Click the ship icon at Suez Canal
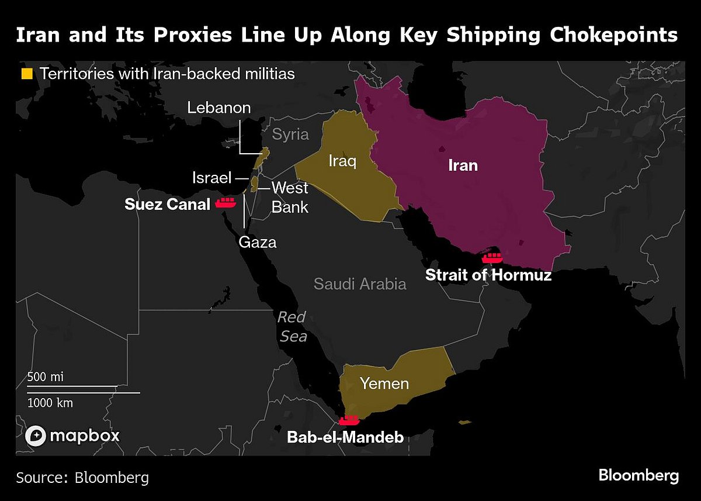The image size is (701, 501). pos(225,203)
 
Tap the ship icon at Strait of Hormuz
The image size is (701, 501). pos(492,257)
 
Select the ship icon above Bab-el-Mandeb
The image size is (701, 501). pos(349,420)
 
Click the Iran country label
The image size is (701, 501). pos(463,165)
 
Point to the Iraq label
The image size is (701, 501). pos(342,161)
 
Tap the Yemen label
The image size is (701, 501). pos(384,384)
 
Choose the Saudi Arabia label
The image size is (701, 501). pos(360,284)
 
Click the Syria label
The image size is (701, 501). pos(290,134)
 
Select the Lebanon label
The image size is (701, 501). pos(219,108)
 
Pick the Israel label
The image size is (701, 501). pos(212,178)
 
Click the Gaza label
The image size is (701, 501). pos(257,241)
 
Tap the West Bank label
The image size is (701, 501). pos(290,197)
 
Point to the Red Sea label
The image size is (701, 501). pos(292,327)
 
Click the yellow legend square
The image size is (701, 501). pos(27,74)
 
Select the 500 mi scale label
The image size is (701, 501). pos(45,377)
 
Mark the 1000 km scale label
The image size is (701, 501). pos(50,403)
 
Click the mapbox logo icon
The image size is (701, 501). pos(36,436)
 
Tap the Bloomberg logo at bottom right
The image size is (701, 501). pos(638,475)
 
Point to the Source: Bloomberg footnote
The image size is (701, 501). pos(82,477)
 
